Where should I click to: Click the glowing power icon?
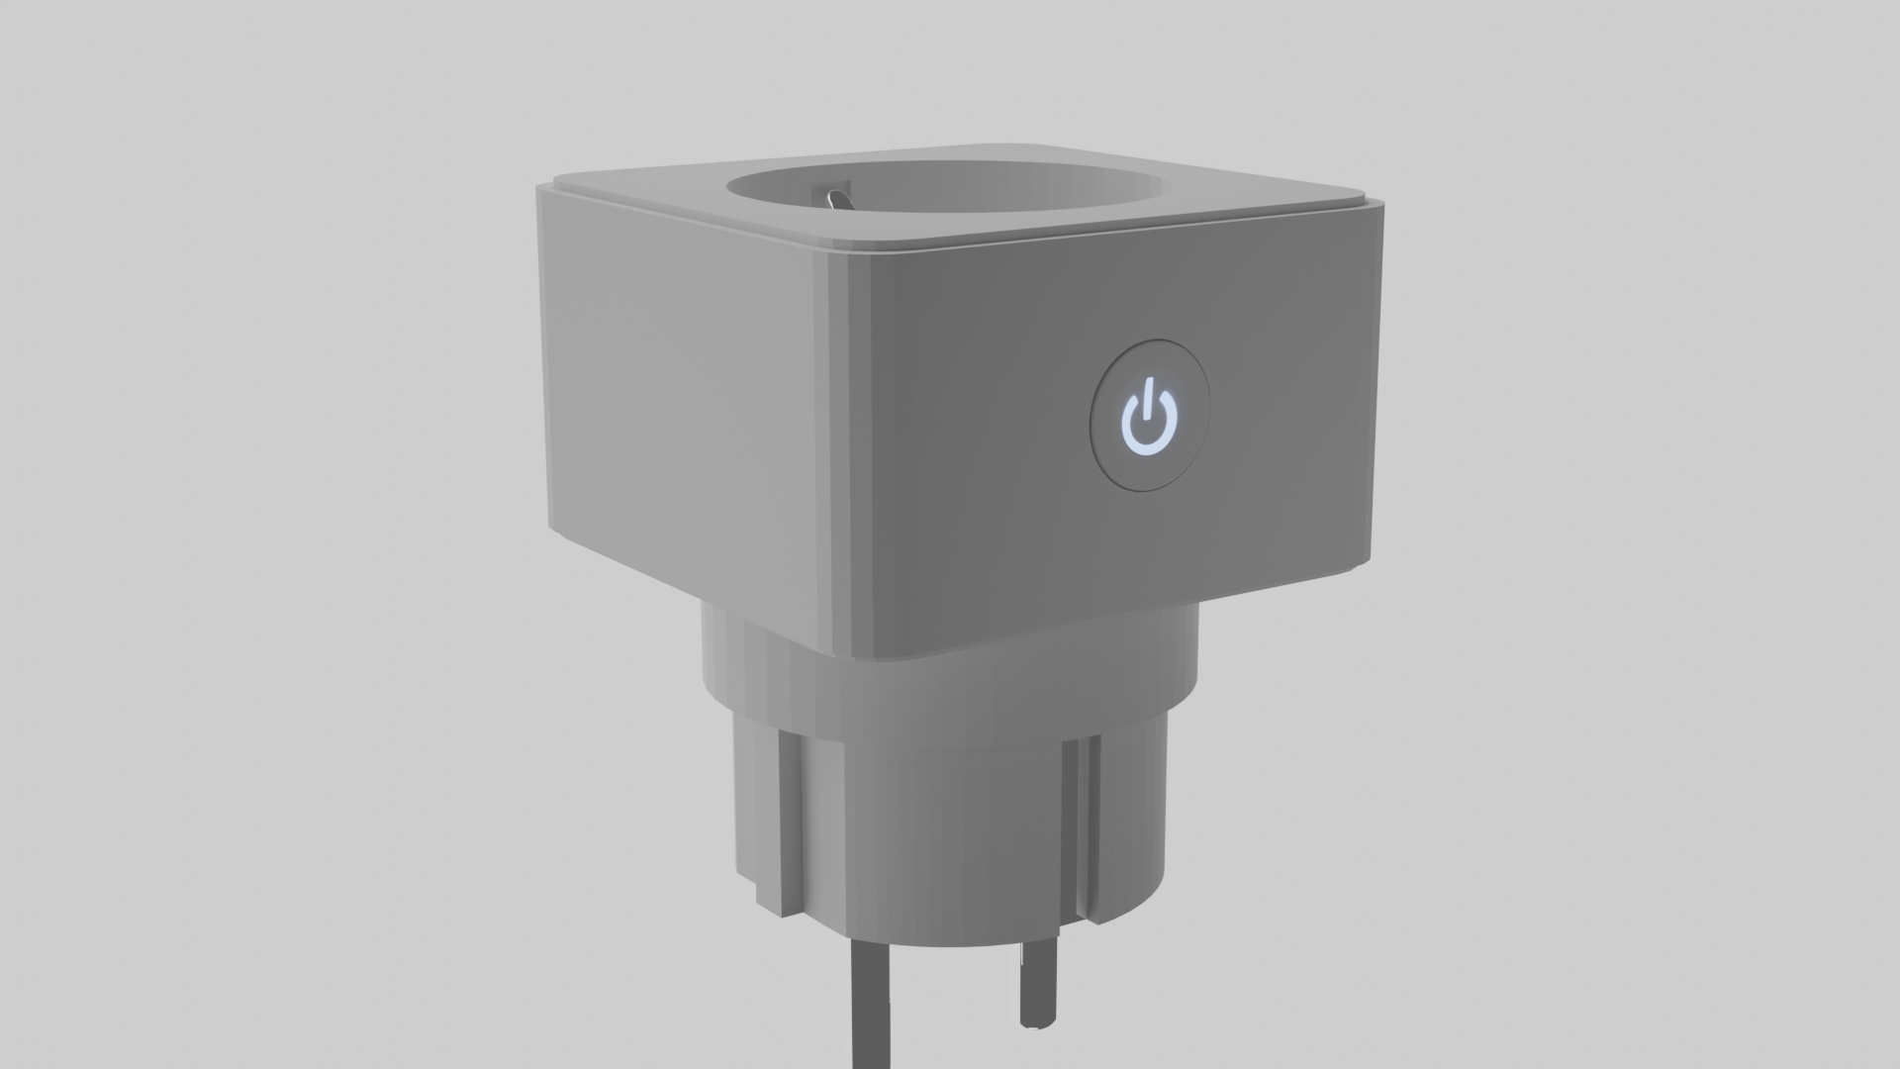coord(1149,422)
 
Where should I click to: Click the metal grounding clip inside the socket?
coord(836,197)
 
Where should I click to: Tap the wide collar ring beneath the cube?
coord(950,693)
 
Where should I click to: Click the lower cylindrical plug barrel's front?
coord(940,841)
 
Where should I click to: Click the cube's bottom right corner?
coord(1361,564)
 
